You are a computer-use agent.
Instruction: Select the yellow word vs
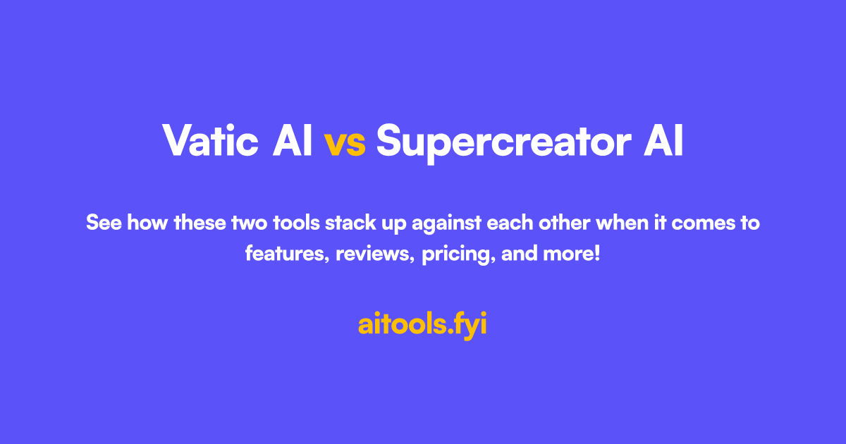345,142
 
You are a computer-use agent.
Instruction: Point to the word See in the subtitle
103,223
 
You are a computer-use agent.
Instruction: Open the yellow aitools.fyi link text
422,325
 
